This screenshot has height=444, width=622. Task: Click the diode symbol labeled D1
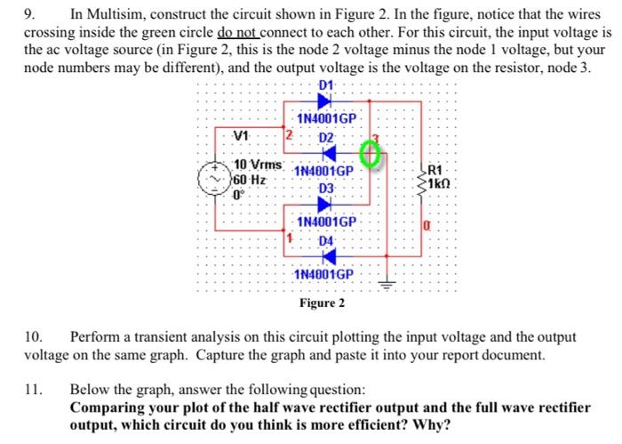pos(324,101)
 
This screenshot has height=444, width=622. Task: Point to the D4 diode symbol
pos(324,256)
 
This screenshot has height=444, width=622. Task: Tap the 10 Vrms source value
pos(258,166)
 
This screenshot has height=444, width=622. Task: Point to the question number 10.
pos(33,338)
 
